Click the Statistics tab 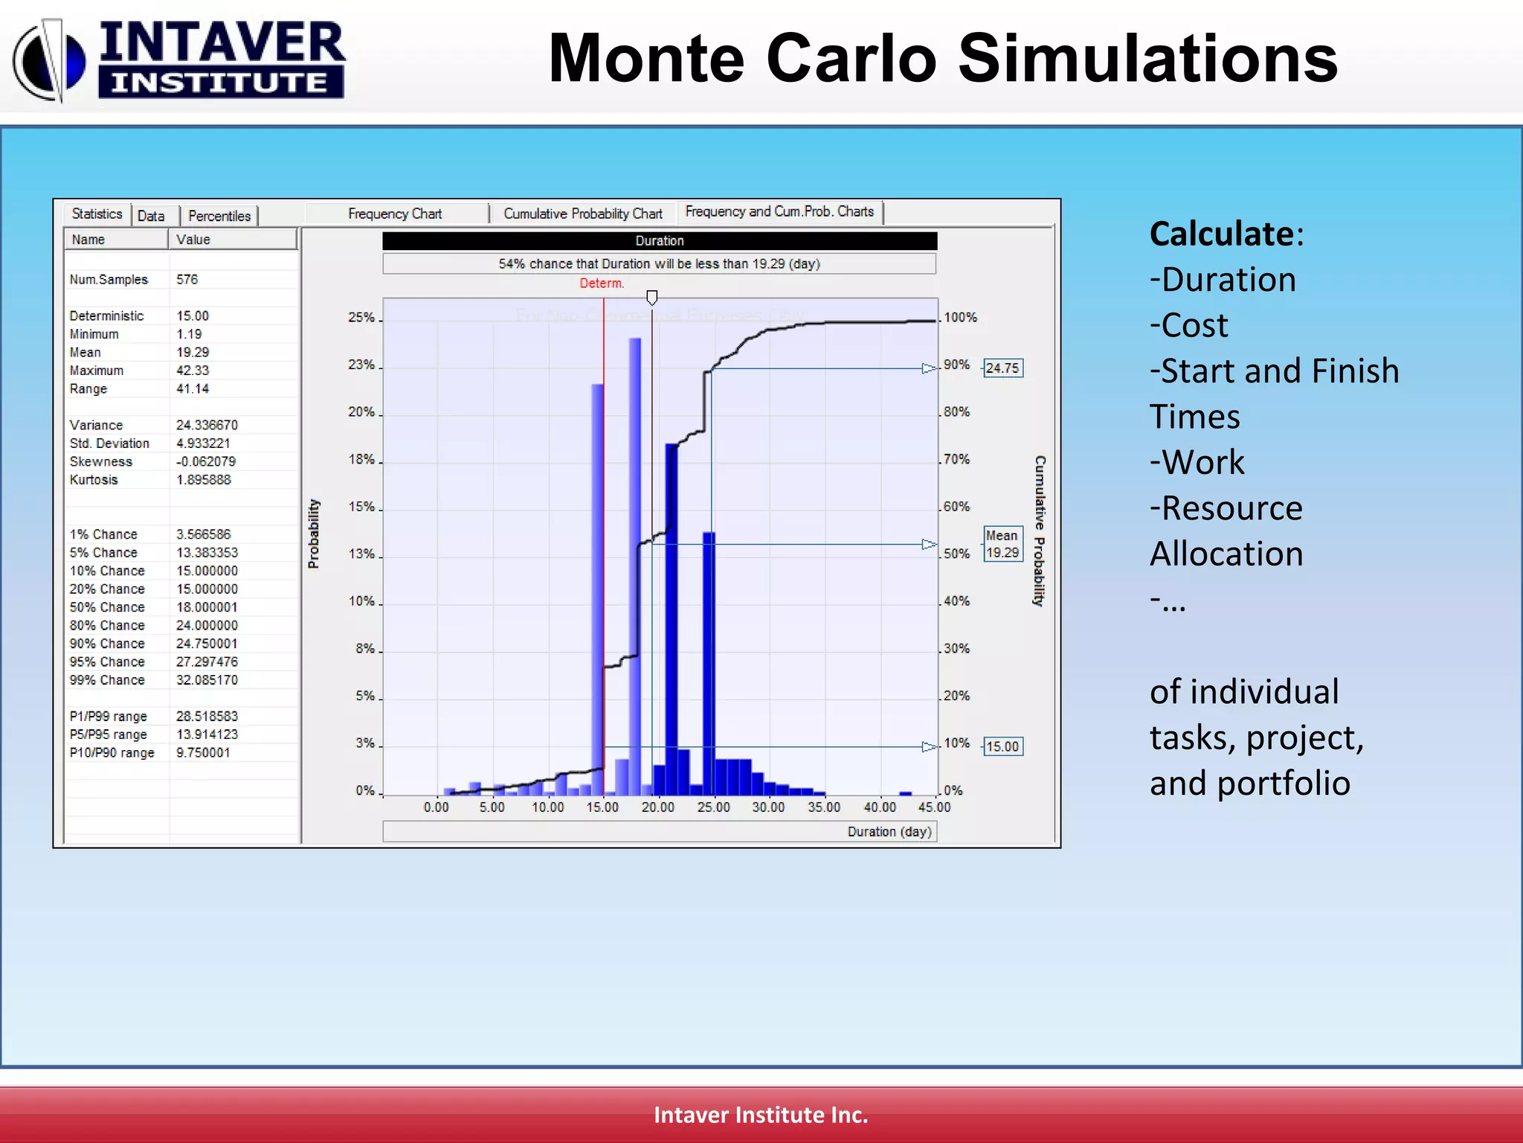coord(97,214)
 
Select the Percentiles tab coord(219,216)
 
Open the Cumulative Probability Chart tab coord(582,214)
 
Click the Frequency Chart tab coord(395,214)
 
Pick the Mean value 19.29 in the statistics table coord(193,353)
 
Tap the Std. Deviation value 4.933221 coord(203,444)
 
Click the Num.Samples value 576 coord(187,280)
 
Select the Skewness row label coord(101,462)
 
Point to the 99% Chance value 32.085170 coord(207,680)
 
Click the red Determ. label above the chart coord(602,284)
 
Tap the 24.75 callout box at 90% coord(1002,368)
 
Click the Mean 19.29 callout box coord(1002,544)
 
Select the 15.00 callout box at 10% coord(1002,746)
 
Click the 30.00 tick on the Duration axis coord(768,807)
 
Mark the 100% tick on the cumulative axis coord(960,318)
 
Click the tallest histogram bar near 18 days coord(634,566)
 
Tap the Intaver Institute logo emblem coord(49,61)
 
